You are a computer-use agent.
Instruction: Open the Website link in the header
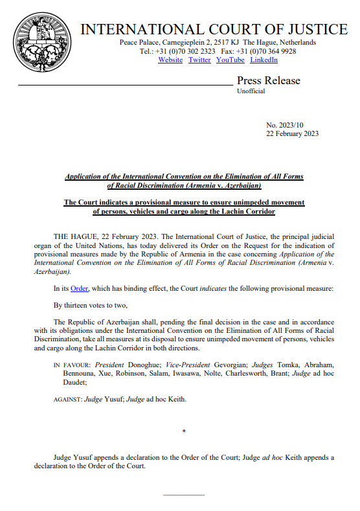170,60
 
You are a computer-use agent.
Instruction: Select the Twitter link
199,60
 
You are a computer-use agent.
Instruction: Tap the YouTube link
231,60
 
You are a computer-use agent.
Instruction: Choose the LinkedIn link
264,60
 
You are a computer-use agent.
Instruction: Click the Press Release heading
269,81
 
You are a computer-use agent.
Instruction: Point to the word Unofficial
251,92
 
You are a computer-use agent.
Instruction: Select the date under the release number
293,133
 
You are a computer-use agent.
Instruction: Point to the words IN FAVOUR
71,365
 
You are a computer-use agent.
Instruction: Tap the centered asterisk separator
185,431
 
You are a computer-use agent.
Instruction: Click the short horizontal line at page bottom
185,495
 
